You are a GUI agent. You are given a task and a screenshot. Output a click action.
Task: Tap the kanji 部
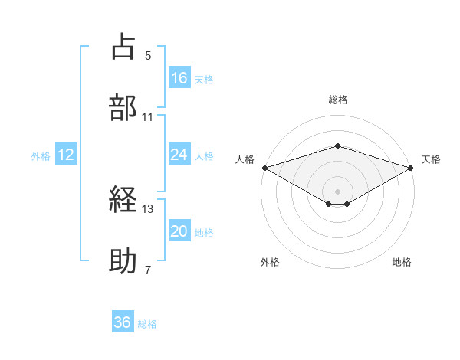[124, 107]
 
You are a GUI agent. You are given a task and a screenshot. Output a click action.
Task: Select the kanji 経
[124, 201]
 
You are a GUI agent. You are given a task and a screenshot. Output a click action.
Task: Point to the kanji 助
[124, 261]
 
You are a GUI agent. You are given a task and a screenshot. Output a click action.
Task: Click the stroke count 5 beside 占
[148, 56]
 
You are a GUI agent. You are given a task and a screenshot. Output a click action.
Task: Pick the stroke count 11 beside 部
[148, 116]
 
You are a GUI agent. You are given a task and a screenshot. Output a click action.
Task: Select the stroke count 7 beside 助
[148, 270]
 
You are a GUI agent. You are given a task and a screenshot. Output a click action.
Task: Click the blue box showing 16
[179, 78]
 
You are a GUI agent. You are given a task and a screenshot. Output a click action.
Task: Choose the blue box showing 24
[179, 155]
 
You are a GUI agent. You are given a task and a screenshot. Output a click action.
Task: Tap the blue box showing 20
[179, 231]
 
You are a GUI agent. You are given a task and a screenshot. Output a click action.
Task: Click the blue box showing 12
[66, 155]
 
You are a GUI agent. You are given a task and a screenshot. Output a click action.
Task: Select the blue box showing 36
[122, 323]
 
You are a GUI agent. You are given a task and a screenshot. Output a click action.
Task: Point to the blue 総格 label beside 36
[147, 324]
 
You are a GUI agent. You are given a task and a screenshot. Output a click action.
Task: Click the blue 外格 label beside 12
[41, 155]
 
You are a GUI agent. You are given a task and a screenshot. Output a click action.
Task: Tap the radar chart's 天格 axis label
[431, 159]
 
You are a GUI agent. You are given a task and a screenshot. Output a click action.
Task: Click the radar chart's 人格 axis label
[245, 159]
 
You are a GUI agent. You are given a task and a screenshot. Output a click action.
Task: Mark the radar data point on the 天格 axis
[411, 167]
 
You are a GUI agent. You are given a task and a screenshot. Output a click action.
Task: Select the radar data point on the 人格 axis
[264, 167]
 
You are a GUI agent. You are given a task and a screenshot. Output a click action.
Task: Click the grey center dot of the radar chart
[337, 191]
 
